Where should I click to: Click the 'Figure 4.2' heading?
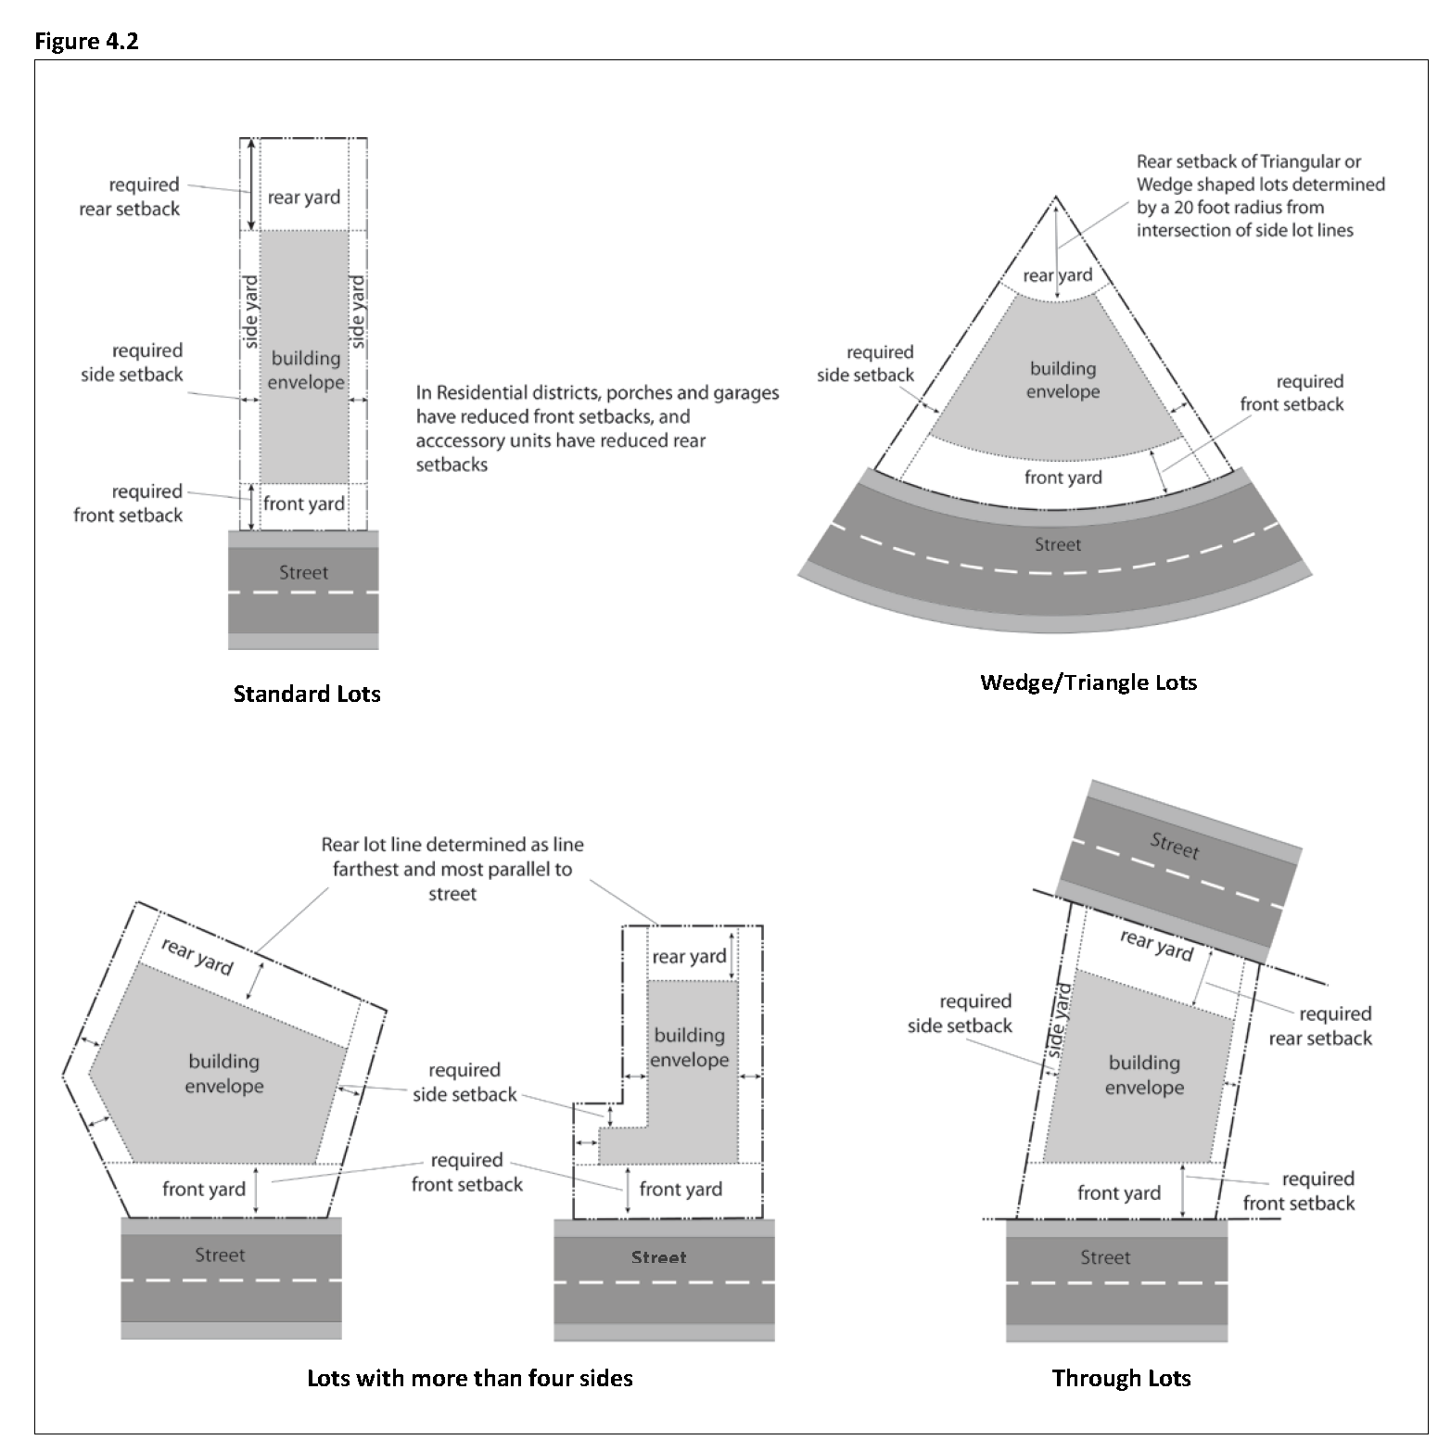click(86, 41)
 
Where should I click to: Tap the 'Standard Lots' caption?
click(307, 695)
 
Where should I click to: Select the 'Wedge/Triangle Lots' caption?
click(1088, 683)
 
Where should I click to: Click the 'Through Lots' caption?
click(1121, 1378)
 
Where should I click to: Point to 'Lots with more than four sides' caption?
click(469, 1378)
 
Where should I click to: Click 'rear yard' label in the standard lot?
click(304, 198)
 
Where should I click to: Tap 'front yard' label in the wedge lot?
click(1063, 478)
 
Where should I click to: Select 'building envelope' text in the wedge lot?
click(1063, 380)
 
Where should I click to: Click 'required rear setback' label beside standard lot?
click(130, 197)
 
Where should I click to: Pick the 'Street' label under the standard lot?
click(303, 573)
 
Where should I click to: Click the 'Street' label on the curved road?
click(1058, 545)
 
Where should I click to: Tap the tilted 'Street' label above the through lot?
click(1175, 846)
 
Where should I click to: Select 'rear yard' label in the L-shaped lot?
click(689, 957)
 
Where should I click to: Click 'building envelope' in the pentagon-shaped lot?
click(224, 1074)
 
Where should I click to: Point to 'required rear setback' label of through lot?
click(1320, 1026)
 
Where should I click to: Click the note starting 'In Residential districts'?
click(597, 428)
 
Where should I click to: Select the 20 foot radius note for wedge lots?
click(1260, 196)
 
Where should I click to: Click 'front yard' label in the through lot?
click(1118, 1193)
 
